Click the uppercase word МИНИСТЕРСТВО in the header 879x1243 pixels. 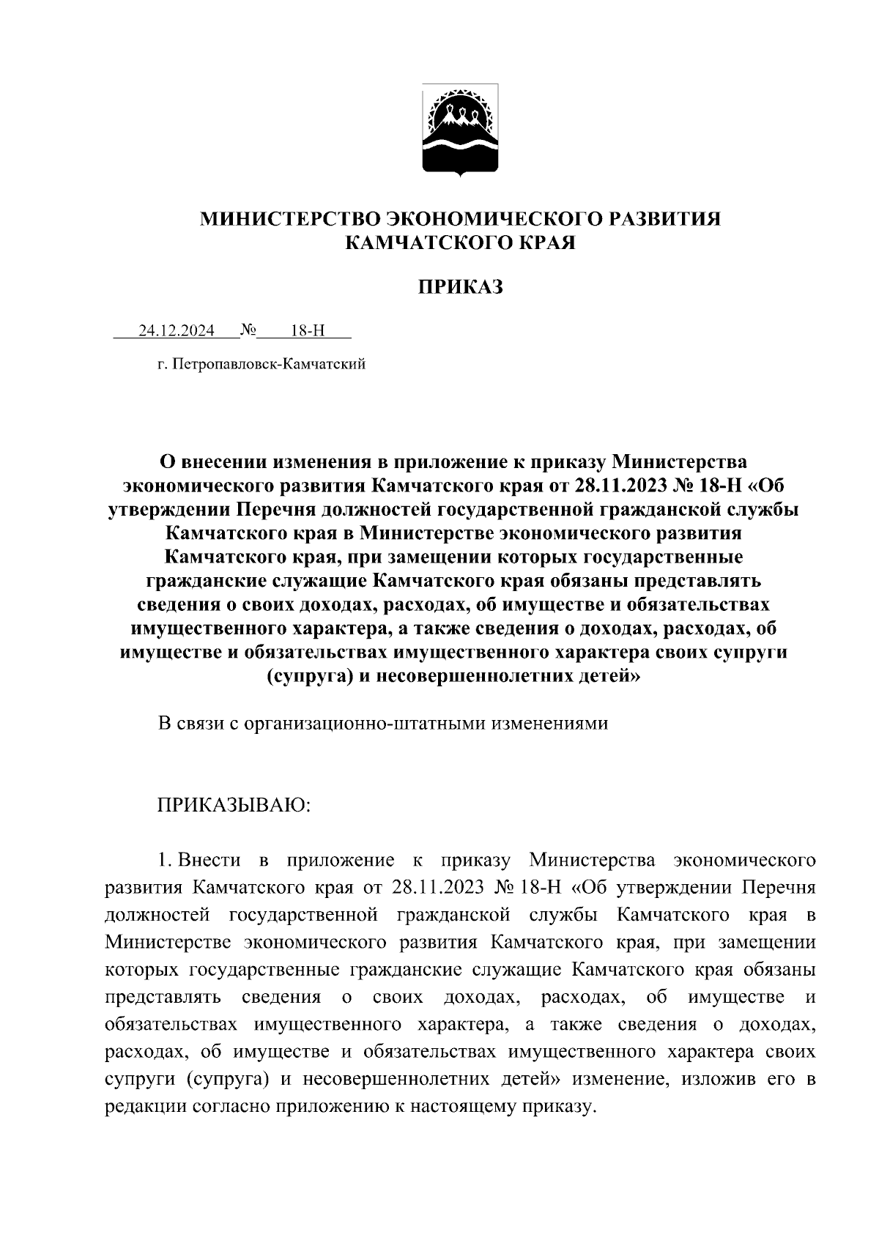(x=289, y=218)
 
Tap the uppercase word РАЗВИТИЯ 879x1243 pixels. (x=660, y=218)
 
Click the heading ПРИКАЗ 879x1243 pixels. (x=460, y=287)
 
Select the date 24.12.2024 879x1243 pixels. (x=177, y=330)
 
